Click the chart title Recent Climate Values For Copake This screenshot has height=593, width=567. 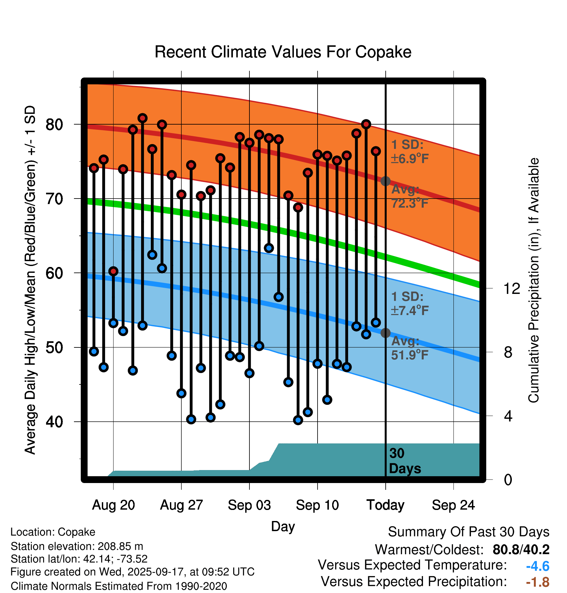point(283,52)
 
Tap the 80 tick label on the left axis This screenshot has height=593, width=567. point(54,124)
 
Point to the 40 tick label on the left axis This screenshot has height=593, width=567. point(54,422)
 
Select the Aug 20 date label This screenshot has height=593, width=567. point(113,505)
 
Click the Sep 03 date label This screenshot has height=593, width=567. point(249,505)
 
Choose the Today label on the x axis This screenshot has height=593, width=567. point(385,505)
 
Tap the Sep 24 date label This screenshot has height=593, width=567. point(453,505)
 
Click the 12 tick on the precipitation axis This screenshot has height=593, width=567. point(512,288)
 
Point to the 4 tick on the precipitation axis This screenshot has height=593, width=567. point(508,416)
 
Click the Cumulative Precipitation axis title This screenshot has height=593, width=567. point(533,281)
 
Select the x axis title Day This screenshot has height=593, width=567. point(283,526)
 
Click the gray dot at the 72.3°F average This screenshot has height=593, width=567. point(385,181)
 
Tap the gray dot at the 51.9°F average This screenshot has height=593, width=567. point(385,333)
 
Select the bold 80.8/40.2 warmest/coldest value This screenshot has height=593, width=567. point(521,550)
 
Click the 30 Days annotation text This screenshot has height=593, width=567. point(404,461)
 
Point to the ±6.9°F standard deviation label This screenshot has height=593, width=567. point(410,159)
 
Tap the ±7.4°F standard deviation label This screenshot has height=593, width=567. point(410,310)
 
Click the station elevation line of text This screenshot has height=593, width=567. point(77,546)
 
